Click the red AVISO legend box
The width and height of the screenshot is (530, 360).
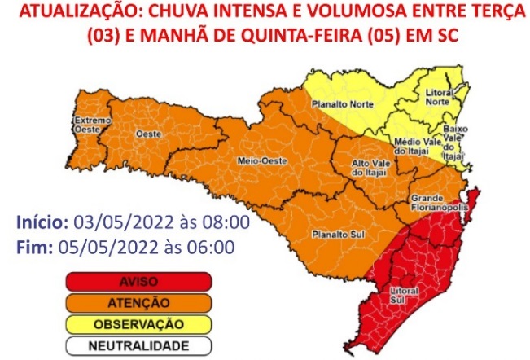pyautogui.click(x=139, y=283)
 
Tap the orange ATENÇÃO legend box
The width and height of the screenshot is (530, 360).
pyautogui.click(x=139, y=303)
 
